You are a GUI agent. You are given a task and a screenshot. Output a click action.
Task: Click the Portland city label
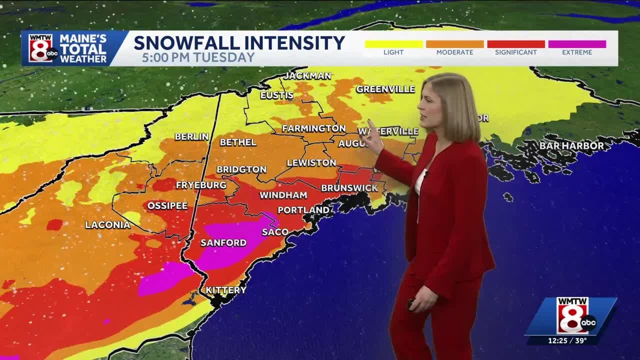(303, 210)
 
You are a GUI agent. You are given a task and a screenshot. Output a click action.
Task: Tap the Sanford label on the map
(223, 242)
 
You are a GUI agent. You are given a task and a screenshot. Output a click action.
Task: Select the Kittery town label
(226, 290)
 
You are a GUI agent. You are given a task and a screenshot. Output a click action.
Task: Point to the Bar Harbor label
(571, 145)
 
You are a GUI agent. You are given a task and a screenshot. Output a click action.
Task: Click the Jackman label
(307, 76)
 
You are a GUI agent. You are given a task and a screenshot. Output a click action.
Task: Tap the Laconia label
(107, 225)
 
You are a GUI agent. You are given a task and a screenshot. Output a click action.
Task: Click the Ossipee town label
(167, 205)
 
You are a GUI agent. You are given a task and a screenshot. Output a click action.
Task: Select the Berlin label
(191, 136)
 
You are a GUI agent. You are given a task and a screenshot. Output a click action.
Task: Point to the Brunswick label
(349, 188)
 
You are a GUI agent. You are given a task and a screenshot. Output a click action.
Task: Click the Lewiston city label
(311, 162)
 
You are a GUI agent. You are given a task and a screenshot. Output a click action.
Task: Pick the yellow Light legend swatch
(393, 44)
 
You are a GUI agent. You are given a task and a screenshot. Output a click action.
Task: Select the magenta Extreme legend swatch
(577, 44)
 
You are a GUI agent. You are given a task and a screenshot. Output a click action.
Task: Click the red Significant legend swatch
(515, 44)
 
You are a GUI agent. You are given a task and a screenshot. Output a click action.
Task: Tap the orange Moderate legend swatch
(454, 44)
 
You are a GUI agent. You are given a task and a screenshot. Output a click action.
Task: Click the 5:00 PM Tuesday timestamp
(198, 57)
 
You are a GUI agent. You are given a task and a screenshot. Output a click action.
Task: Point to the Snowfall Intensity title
(239, 42)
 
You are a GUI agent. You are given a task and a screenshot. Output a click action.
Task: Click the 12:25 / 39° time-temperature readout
(567, 340)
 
